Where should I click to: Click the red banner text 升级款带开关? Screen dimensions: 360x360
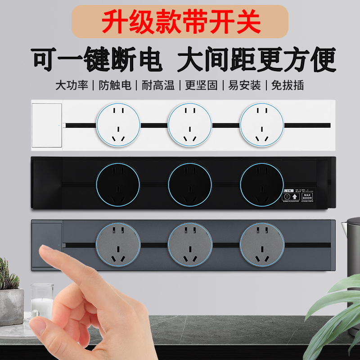(180, 22)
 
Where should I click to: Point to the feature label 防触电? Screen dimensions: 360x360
(115, 85)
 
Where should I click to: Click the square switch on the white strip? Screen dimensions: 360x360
(47, 126)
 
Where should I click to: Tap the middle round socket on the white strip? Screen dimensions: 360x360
(190, 124)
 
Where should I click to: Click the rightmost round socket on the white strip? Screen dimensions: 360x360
(261, 124)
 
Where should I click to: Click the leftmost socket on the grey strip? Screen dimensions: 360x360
(118, 245)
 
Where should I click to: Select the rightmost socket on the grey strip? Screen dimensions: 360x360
(262, 245)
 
